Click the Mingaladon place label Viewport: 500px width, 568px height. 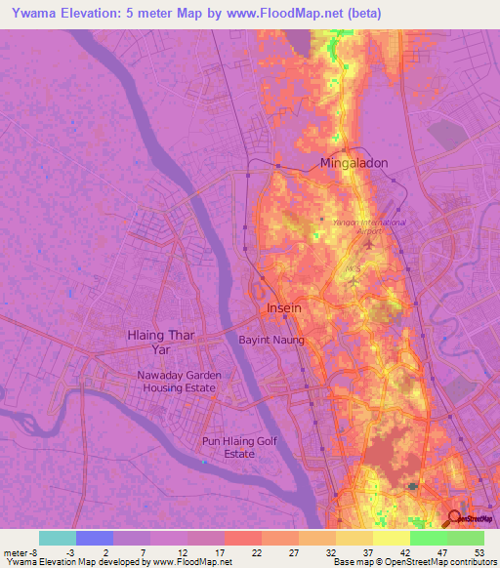tap(354, 164)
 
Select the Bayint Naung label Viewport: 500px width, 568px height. tap(272, 340)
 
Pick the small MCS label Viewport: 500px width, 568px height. tap(354, 266)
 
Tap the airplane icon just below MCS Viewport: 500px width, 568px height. tap(353, 283)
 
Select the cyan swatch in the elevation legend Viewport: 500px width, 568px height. tap(58, 538)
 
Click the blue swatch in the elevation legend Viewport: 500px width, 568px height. tap(95, 538)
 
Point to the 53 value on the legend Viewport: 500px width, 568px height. tap(478, 550)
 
